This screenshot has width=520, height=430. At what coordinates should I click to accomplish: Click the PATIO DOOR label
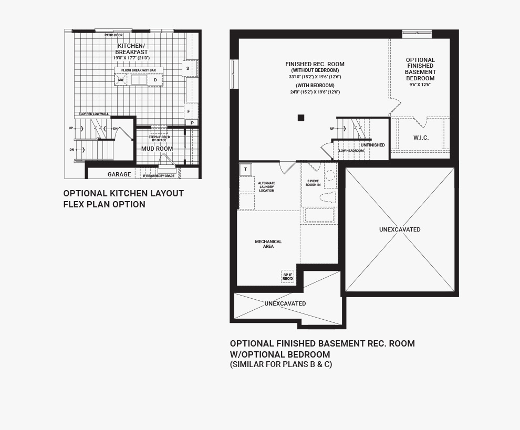click(113, 35)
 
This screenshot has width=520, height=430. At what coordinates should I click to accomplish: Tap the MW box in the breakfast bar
click(121, 80)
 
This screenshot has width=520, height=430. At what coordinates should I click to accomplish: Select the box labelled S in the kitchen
click(188, 69)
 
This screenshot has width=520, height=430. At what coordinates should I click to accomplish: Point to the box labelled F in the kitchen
click(188, 111)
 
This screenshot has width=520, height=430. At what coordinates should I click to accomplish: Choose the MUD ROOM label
click(157, 149)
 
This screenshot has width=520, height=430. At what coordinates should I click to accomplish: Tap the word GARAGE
click(119, 174)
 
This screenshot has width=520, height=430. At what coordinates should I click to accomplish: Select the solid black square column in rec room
click(301, 118)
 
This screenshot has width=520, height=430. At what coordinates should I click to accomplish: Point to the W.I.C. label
click(421, 138)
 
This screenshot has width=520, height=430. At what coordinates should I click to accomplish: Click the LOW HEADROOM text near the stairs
click(351, 151)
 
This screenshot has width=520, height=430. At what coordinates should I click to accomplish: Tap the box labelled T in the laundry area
click(246, 169)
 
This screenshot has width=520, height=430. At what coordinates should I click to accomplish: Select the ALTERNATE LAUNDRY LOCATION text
click(266, 186)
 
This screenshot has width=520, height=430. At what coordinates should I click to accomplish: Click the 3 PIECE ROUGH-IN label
click(313, 183)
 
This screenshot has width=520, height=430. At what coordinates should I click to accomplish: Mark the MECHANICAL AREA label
click(268, 244)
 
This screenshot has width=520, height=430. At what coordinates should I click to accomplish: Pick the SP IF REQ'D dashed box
click(287, 276)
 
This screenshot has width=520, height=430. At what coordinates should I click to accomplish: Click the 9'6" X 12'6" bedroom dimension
click(420, 85)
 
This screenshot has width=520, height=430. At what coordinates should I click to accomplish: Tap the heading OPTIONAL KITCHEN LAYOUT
click(123, 193)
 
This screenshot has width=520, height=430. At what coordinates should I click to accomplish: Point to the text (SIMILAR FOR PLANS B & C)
click(280, 364)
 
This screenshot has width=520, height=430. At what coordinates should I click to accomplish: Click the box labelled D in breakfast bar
click(155, 80)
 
